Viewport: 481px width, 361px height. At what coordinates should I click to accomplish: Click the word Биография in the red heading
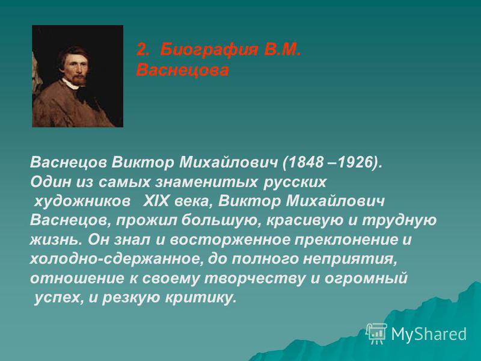(209, 50)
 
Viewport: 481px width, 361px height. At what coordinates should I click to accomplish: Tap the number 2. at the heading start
(142, 49)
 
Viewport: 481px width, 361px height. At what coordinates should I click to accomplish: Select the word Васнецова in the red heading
(183, 70)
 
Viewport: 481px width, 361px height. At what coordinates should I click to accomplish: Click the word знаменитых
(206, 182)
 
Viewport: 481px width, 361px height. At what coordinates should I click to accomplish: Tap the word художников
(82, 202)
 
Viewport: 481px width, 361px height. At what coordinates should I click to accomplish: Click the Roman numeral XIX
(156, 202)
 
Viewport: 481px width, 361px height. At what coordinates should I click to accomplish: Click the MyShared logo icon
(376, 333)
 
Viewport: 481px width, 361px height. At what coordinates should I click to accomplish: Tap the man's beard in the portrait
(79, 80)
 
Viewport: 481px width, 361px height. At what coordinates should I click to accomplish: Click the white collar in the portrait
(70, 84)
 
